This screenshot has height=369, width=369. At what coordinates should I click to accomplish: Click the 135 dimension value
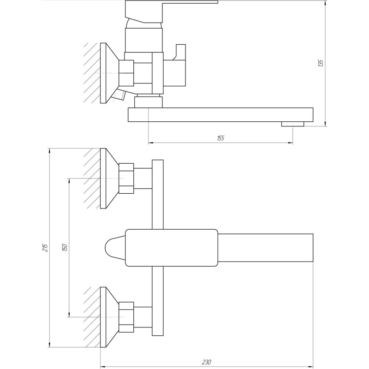pos(321,63)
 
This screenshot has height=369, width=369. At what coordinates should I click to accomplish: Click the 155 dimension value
pos(220,138)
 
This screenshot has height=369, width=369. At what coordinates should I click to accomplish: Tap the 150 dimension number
pos(65,247)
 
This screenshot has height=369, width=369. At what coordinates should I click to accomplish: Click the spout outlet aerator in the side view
pos(292,123)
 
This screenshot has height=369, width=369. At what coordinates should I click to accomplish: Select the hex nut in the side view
pos(126,73)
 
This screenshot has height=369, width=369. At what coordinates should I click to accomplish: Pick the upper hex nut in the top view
pos(126,178)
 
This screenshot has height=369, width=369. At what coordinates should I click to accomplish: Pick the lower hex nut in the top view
pos(126,317)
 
